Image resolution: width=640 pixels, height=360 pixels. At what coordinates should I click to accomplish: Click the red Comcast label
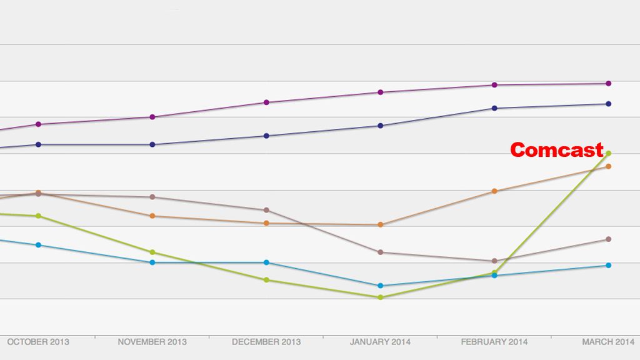(x=556, y=150)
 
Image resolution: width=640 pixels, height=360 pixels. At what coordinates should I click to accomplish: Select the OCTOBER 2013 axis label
(x=37, y=342)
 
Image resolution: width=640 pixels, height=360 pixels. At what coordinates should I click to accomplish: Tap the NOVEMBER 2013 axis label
(x=151, y=342)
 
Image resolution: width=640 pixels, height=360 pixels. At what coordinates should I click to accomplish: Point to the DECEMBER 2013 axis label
(x=266, y=342)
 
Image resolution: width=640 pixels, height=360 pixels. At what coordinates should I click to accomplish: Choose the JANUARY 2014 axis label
(x=380, y=342)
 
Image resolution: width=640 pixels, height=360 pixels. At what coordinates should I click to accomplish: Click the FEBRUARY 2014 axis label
(x=494, y=342)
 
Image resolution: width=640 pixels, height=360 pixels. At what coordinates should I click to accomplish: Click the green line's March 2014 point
(x=609, y=153)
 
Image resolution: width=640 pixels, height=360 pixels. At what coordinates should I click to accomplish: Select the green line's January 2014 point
(x=380, y=297)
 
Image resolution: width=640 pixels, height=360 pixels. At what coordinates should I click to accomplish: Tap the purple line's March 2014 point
(x=609, y=83)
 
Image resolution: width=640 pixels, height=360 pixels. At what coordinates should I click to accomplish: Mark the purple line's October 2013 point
(x=39, y=124)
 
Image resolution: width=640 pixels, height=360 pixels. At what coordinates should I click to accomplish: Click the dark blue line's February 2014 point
(x=494, y=108)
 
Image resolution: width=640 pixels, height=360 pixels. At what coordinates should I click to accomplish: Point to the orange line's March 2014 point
(x=609, y=166)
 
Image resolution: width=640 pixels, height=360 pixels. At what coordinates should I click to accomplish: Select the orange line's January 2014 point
(x=380, y=224)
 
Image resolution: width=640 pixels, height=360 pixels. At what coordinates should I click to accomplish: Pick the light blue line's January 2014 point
(x=380, y=286)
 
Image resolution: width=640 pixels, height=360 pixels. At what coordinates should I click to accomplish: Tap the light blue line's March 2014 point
(x=609, y=266)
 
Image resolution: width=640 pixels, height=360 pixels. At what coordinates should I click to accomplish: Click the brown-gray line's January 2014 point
(x=380, y=252)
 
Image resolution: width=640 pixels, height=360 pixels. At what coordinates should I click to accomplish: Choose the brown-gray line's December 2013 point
(x=266, y=210)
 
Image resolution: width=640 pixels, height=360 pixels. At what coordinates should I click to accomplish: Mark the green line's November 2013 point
(x=152, y=252)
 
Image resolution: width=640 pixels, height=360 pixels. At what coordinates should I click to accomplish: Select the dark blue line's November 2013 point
(x=152, y=144)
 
